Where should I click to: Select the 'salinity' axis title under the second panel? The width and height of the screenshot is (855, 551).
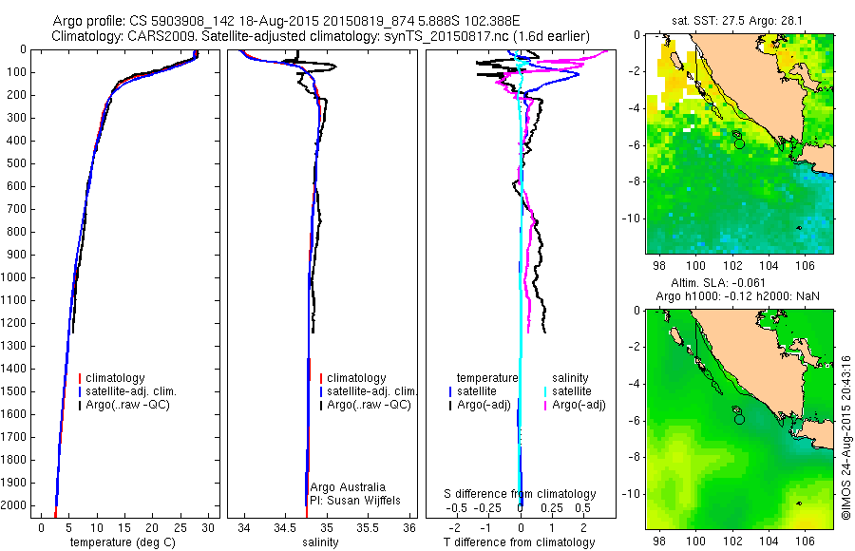[319, 542]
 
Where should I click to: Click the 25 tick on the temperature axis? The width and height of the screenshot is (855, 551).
[180, 527]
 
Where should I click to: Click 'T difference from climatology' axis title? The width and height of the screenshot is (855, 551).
[522, 542]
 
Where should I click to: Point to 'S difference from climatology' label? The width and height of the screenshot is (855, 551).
[521, 495]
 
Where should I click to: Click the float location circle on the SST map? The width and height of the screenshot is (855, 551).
[739, 143]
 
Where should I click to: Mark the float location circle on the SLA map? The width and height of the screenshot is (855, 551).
[739, 418]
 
